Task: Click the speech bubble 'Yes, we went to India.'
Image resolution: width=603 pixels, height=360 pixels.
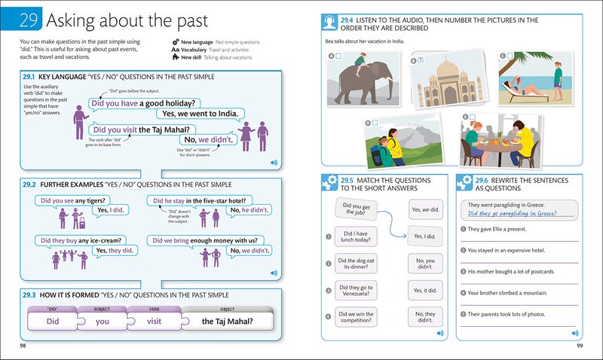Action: click(200, 114)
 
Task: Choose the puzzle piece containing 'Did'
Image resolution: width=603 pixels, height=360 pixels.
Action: click(52, 321)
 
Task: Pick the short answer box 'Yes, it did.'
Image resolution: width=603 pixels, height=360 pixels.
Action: click(425, 289)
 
